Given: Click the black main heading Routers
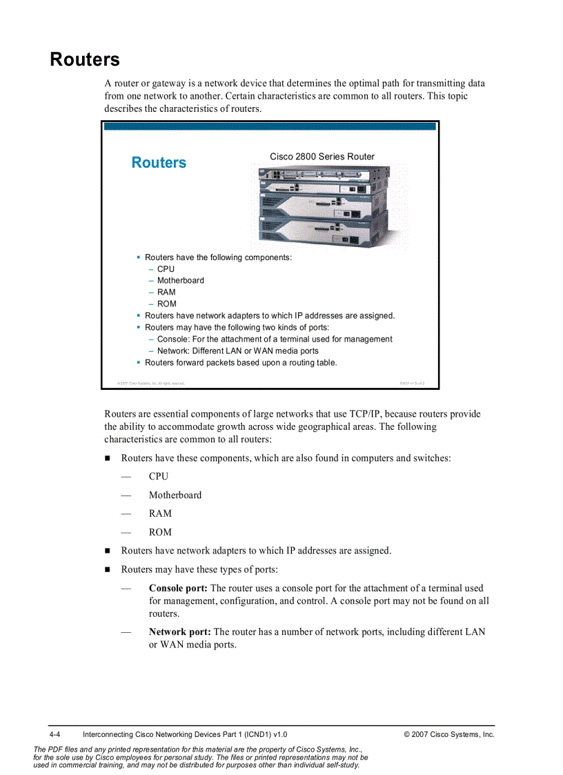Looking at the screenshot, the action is [85, 60].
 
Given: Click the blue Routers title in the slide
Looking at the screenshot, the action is [159, 163].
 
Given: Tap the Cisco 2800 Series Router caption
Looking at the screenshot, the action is [322, 157].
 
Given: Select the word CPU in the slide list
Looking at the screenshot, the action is [166, 269].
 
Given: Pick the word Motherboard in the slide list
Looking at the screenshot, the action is [180, 281].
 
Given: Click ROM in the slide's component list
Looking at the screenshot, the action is [166, 304].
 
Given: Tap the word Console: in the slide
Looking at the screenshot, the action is [173, 340].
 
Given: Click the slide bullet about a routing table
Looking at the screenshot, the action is [241, 363].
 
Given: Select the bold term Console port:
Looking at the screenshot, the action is [178, 589].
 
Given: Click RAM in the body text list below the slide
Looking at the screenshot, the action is [160, 513].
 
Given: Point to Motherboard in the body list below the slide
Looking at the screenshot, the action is [175, 495].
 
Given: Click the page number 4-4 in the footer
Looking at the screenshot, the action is [55, 735].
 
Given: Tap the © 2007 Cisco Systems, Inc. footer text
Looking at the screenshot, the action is [449, 735].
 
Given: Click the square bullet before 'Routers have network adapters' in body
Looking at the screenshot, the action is [108, 551].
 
